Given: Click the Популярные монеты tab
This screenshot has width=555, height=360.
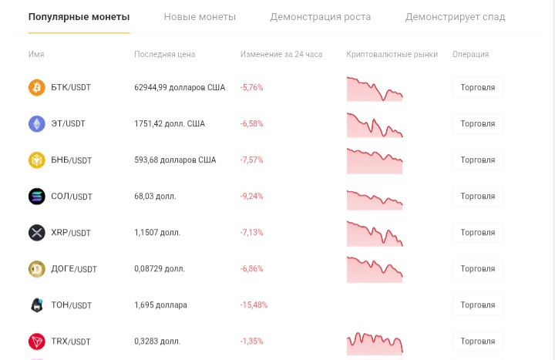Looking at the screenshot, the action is pyautogui.click(x=79, y=17).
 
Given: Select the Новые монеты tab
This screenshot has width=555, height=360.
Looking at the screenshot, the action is pyautogui.click(x=200, y=17).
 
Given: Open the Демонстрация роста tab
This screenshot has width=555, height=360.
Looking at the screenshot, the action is pyautogui.click(x=321, y=17).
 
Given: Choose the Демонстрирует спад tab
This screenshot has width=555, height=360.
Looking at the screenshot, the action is pyautogui.click(x=456, y=17).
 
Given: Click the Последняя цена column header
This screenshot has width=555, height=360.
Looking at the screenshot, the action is pyautogui.click(x=165, y=54).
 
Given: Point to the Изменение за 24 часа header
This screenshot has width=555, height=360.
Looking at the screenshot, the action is pyautogui.click(x=281, y=54).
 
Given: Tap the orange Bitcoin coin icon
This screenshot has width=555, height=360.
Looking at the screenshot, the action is pyautogui.click(x=37, y=87).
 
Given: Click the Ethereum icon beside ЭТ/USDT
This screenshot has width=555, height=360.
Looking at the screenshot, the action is pyautogui.click(x=37, y=124).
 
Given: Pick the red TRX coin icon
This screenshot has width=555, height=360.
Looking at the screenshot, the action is pyautogui.click(x=37, y=341).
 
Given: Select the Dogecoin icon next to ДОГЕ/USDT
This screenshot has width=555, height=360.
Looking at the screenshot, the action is pyautogui.click(x=37, y=269).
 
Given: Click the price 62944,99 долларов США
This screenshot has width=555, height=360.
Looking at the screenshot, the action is pyautogui.click(x=180, y=87).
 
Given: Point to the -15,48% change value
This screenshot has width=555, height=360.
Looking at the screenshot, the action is pyautogui.click(x=254, y=304).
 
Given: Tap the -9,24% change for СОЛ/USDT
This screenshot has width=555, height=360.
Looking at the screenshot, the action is pyautogui.click(x=251, y=196).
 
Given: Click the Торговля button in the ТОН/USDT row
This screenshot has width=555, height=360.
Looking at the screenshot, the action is pyautogui.click(x=478, y=304).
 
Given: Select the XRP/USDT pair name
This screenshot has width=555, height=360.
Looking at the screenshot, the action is pyautogui.click(x=71, y=233).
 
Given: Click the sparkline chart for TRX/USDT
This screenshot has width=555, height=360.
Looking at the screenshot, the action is pyautogui.click(x=375, y=343).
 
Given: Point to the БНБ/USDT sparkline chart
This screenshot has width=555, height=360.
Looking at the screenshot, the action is pyautogui.click(x=375, y=161).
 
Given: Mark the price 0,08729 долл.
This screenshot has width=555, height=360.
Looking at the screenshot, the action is pyautogui.click(x=160, y=269).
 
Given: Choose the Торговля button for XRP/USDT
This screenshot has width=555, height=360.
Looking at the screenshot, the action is pyautogui.click(x=478, y=233).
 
